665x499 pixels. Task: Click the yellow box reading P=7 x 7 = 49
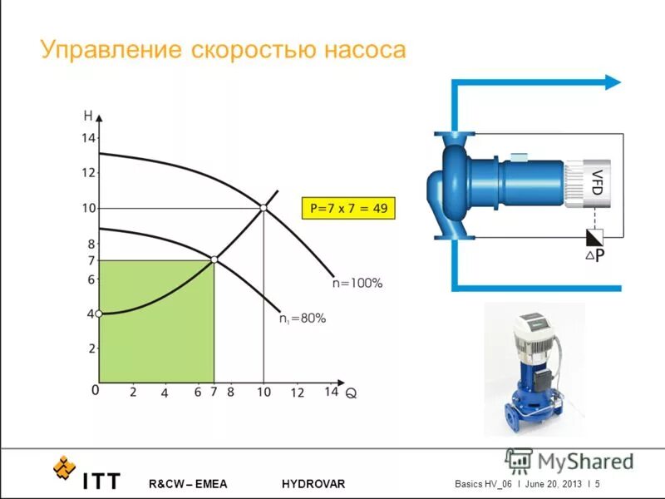click(348, 208)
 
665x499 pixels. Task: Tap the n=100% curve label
click(357, 284)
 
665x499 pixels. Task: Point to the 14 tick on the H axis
click(88, 138)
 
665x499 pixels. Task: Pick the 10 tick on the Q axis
click(264, 392)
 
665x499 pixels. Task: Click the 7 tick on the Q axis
click(214, 392)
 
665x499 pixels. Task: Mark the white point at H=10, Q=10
click(264, 208)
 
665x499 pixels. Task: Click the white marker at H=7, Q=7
click(214, 260)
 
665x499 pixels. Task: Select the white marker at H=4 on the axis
click(98, 314)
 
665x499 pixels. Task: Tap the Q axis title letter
click(352, 395)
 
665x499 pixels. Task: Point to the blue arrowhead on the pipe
click(613, 82)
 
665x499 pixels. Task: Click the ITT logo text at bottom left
click(101, 482)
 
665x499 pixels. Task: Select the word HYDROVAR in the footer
click(313, 484)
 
